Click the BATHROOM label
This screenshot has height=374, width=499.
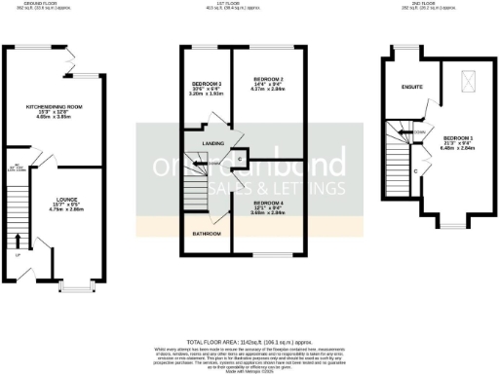(x=204, y=234)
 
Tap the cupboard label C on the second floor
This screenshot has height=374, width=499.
(x=415, y=171)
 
